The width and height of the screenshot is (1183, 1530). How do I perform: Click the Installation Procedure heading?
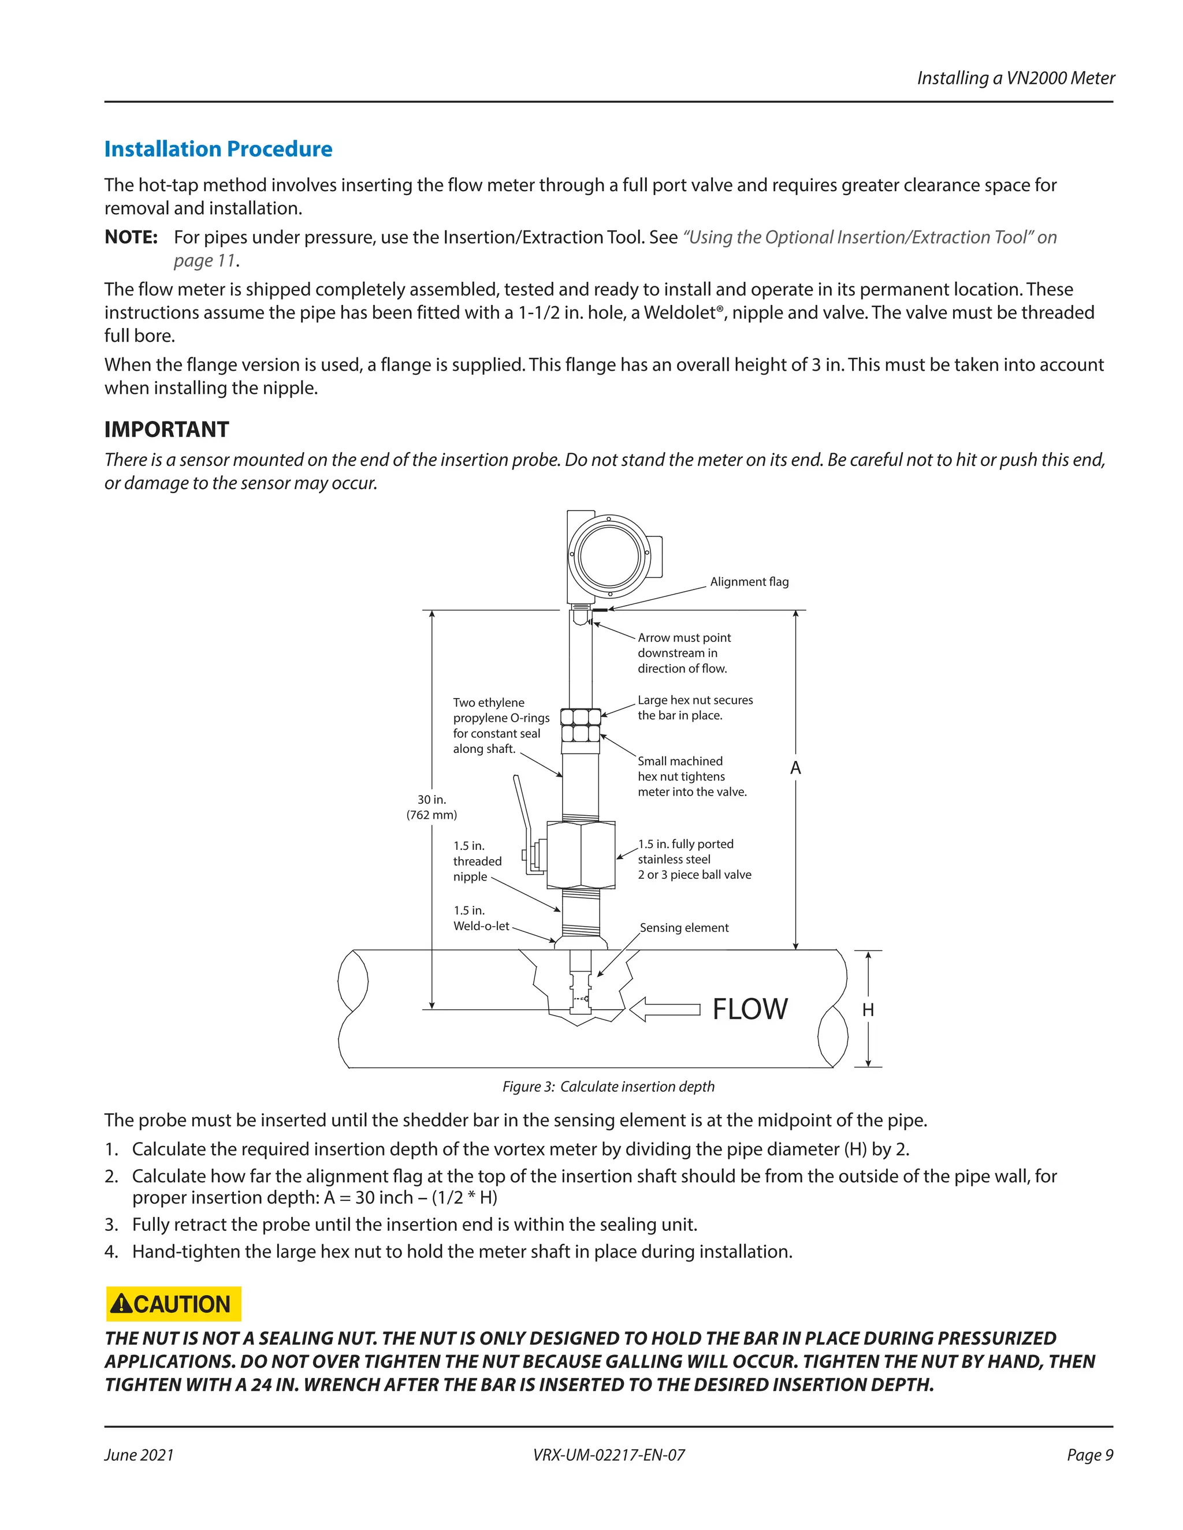point(218,149)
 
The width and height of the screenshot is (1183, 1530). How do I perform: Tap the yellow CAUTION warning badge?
point(173,1304)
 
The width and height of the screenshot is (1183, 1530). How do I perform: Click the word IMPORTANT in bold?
point(166,430)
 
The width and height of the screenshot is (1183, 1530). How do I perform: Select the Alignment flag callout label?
point(749,581)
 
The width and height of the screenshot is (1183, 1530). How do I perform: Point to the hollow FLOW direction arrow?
point(664,1009)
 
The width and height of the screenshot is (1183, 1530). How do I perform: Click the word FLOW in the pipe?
point(749,1009)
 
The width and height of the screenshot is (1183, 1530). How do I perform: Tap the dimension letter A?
point(795,768)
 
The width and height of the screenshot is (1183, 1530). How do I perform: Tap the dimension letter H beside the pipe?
point(868,1009)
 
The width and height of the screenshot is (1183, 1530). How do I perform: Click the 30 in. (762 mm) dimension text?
point(431,807)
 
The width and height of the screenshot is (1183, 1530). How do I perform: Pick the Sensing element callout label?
point(683,928)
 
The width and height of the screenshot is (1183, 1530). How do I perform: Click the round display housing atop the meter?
point(608,556)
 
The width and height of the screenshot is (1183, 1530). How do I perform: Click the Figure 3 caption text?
point(608,1087)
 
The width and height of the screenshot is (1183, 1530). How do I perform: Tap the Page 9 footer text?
point(1089,1455)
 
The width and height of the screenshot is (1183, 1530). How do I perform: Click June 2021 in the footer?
point(139,1455)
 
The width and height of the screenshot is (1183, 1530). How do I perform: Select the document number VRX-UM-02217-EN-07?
point(608,1455)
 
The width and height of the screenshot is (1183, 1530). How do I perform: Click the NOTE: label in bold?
point(131,237)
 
